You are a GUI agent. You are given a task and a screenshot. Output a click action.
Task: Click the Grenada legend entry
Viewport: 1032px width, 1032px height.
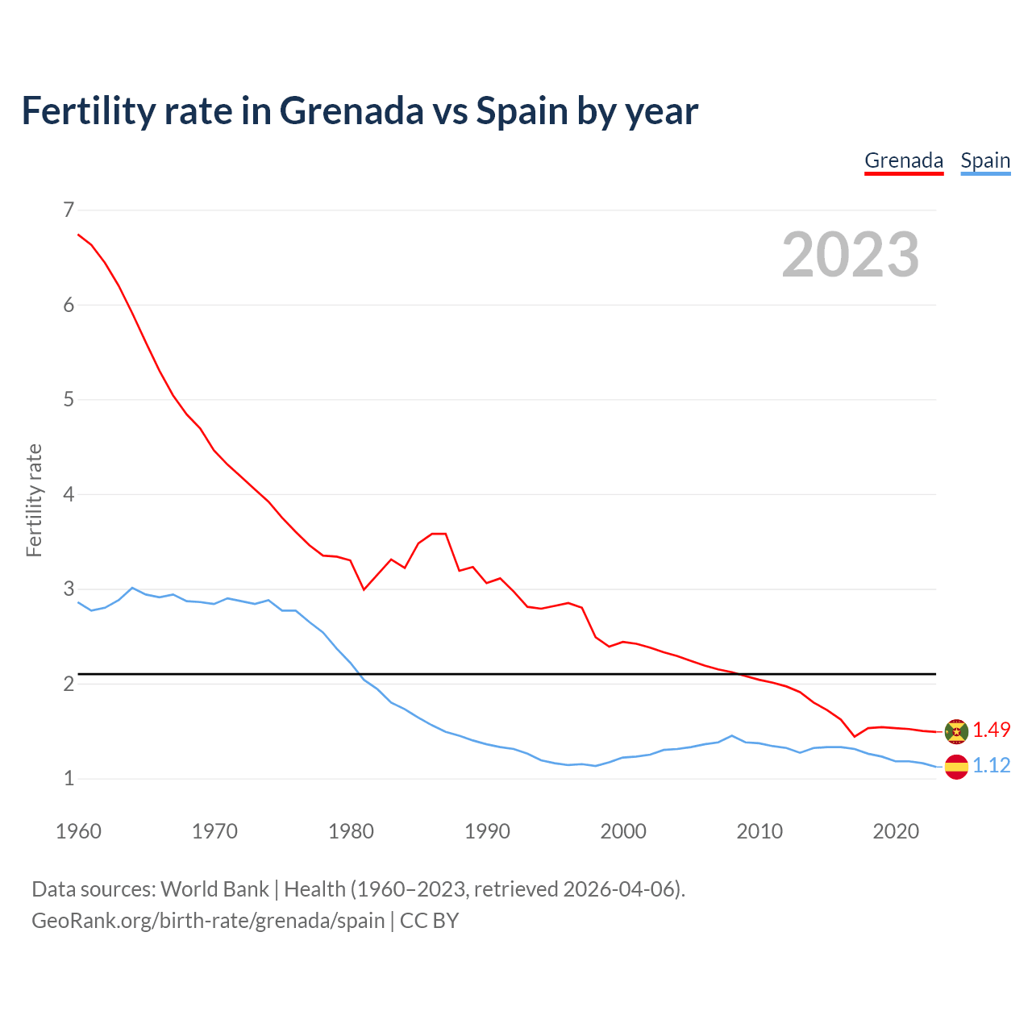point(903,161)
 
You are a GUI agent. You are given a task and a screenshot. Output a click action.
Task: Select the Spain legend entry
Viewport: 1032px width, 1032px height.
point(985,161)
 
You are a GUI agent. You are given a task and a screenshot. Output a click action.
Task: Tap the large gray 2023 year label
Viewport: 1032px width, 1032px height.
point(851,255)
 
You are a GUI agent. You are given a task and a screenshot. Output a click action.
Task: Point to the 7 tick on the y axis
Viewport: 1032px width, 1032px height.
point(69,210)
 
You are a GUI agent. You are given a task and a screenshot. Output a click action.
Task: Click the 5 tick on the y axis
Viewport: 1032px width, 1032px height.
point(69,400)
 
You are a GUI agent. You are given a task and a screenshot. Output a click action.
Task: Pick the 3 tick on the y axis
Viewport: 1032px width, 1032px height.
point(69,589)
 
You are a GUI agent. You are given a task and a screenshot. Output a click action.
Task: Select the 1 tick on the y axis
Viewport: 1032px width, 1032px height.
point(69,779)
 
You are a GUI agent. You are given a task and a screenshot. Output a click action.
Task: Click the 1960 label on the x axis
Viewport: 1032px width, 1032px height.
point(78,831)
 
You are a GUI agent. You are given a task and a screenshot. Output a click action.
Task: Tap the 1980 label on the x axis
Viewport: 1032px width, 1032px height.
point(351,831)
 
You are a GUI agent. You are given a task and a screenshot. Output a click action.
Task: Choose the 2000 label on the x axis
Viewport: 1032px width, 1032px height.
point(623,831)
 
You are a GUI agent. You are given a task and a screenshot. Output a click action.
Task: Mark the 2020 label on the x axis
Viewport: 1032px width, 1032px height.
point(896,831)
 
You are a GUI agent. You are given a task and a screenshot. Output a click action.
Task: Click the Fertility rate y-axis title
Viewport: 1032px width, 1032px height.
point(34,500)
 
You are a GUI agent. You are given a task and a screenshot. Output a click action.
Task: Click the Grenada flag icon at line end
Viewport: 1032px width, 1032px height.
point(956,731)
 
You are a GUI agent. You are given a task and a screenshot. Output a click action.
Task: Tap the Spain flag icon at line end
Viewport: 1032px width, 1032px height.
point(956,766)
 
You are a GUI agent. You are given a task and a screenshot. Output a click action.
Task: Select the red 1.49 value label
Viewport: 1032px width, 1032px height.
point(991,730)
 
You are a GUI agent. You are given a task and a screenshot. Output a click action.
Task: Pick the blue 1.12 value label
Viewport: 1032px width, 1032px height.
point(991,766)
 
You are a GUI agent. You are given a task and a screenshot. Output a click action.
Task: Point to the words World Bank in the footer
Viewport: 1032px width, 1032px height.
point(214,889)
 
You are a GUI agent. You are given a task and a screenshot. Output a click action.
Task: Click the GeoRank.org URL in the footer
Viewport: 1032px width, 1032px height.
point(208,921)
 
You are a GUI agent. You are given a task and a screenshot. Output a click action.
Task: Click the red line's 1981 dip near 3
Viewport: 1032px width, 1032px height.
point(364,589)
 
